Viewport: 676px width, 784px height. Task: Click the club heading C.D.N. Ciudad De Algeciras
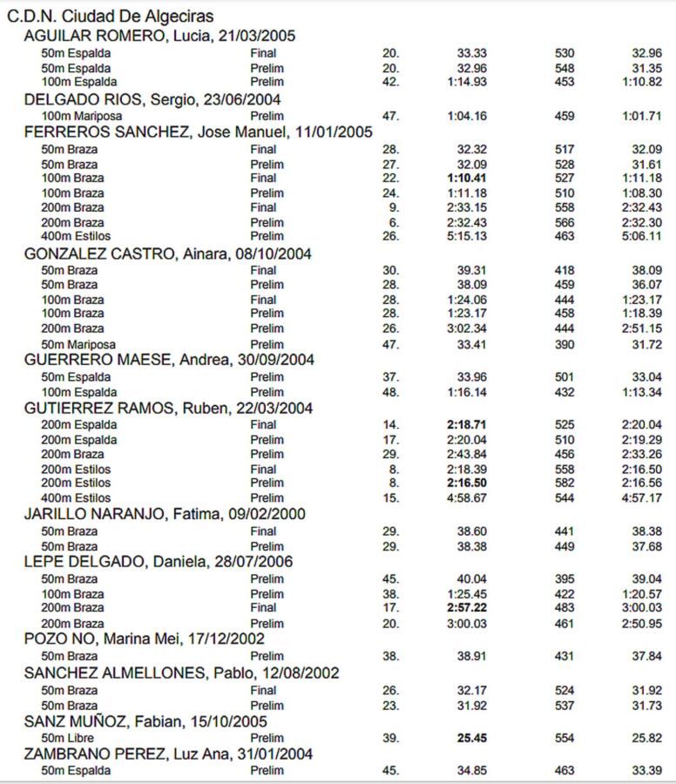[111, 17]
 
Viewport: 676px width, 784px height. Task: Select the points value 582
[564, 483]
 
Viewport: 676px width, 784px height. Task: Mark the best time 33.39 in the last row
[647, 770]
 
